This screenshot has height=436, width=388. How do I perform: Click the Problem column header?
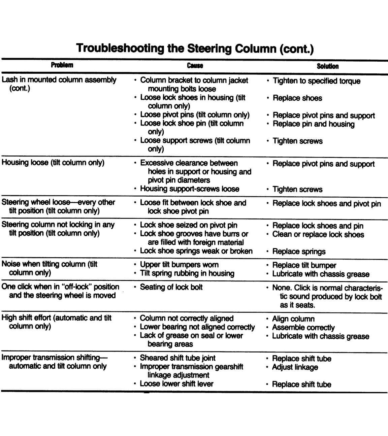62,65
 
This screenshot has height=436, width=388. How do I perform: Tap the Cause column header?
195,66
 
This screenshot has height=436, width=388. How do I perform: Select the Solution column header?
327,66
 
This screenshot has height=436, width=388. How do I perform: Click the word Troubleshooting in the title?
120,48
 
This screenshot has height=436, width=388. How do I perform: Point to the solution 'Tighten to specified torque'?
316,81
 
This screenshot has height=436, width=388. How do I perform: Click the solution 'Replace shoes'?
297,98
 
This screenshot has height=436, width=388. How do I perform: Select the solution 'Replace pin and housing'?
313,124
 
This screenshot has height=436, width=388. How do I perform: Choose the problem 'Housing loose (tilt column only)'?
53,163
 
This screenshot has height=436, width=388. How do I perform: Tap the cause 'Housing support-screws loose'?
189,189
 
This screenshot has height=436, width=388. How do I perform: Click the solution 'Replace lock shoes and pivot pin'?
326,204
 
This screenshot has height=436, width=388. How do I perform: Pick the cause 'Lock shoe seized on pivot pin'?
188,225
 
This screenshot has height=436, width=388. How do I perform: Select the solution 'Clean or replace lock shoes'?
318,234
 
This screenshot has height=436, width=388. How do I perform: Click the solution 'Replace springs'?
299,251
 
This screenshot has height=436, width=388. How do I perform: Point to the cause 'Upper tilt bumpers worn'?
179,265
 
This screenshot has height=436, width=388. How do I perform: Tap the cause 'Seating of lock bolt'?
171,287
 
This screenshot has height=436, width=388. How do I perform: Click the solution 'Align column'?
293,319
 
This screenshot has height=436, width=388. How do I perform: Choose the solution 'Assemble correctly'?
303,328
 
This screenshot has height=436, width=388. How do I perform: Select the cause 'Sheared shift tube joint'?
177,358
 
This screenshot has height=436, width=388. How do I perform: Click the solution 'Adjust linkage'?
295,367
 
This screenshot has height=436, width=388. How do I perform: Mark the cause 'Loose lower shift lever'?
176,384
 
